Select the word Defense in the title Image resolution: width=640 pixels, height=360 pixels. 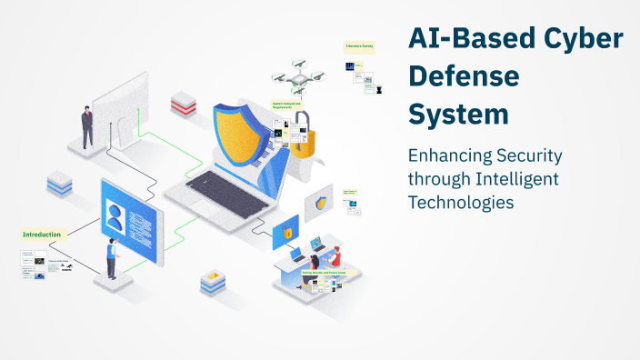[x=463, y=77]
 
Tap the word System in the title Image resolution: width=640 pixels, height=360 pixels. [x=457, y=115]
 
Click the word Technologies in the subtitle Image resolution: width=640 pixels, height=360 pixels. [x=461, y=202]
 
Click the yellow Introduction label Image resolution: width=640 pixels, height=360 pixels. [x=42, y=235]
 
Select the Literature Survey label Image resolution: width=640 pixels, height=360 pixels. [x=358, y=45]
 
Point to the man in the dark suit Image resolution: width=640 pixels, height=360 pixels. [x=87, y=126]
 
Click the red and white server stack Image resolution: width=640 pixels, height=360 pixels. [x=184, y=102]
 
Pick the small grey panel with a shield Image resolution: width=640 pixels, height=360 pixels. [x=319, y=203]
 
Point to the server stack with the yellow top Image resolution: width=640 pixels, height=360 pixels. [x=212, y=282]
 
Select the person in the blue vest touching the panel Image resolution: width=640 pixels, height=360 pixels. [x=110, y=257]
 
